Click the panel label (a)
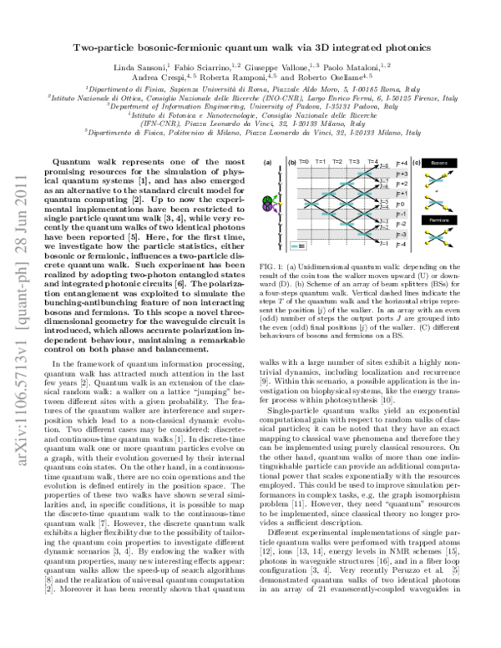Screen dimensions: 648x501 pos(267,162)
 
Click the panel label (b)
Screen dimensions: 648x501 pos(291,162)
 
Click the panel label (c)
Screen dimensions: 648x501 pos(416,162)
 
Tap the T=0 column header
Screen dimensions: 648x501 pos(304,162)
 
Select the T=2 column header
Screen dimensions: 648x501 pos(337,162)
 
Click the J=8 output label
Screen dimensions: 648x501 pos(384,166)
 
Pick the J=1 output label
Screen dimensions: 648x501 pos(384,243)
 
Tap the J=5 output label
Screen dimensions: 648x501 pos(384,201)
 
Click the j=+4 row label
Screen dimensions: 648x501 pos(402,164)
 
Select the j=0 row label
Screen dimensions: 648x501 pos(401,204)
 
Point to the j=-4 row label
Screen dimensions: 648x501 pos(402,244)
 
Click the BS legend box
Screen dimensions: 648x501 pos(297,246)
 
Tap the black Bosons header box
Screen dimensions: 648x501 pos(439,163)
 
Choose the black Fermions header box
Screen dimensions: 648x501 pos(439,220)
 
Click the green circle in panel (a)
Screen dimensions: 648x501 pos(267,200)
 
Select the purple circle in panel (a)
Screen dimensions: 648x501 pos(267,207)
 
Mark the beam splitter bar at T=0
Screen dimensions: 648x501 pos(311,204)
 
